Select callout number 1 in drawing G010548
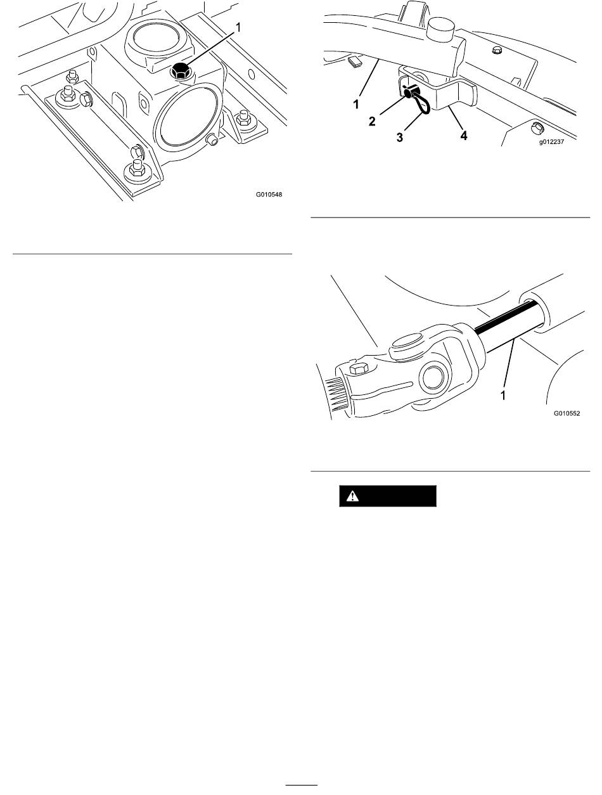pos(238,27)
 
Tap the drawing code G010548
pos(269,195)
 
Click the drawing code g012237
pos(551,142)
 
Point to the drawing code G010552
pos(567,413)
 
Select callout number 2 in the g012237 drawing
pos(372,121)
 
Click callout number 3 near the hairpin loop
pos(400,138)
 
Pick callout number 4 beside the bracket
pos(464,136)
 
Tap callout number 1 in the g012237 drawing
pos(356,105)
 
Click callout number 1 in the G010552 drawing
pos(503,396)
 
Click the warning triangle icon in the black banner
pos(352,496)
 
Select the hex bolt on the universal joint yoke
pos(359,368)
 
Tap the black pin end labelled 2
pos(409,93)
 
